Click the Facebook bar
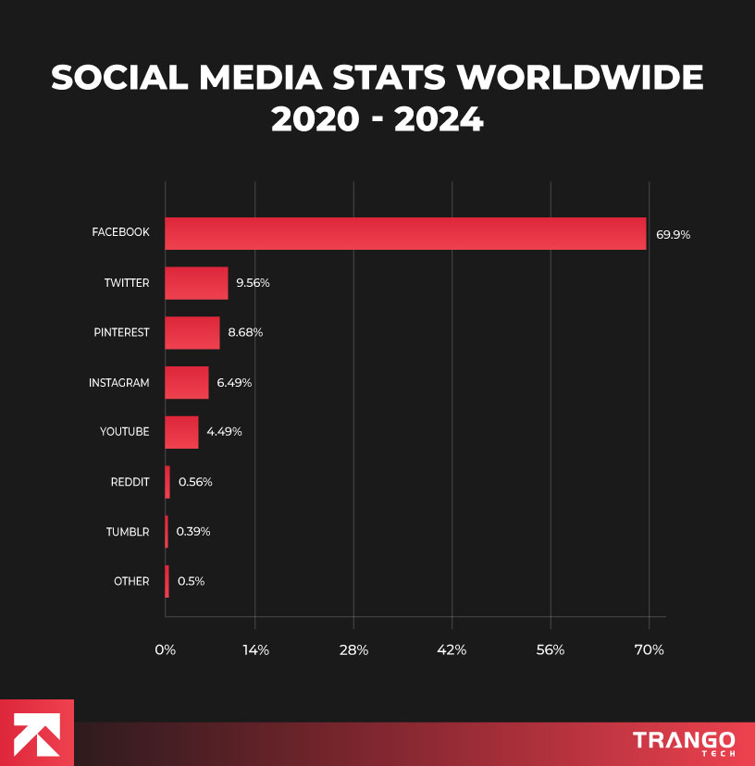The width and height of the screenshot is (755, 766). pos(405,233)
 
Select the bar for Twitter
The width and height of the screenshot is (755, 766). pos(196,283)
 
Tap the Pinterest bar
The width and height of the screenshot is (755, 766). pos(192,332)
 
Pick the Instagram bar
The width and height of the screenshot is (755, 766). pos(187,382)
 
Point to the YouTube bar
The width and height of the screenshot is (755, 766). pos(181,432)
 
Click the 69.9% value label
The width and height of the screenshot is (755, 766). pos(673,234)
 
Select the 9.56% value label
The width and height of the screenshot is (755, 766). pos(253,283)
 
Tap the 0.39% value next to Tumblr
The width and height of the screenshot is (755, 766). pos(193,532)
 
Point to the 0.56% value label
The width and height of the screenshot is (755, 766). pos(195,482)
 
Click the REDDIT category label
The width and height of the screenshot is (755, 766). pos(130,482)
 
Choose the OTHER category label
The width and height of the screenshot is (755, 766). pos(131,582)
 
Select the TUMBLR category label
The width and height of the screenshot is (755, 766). pos(128,532)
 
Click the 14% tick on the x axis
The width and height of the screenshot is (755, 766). pos(255,650)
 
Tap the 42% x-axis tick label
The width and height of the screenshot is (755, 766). pos(452,650)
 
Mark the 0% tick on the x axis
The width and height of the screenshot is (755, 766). pos(166,650)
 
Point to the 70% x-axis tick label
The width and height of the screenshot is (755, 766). pos(650,650)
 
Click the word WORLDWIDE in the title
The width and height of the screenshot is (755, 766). pos(582,79)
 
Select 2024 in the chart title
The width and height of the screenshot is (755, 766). pos(439,119)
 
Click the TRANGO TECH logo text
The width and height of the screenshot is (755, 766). pos(684,742)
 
